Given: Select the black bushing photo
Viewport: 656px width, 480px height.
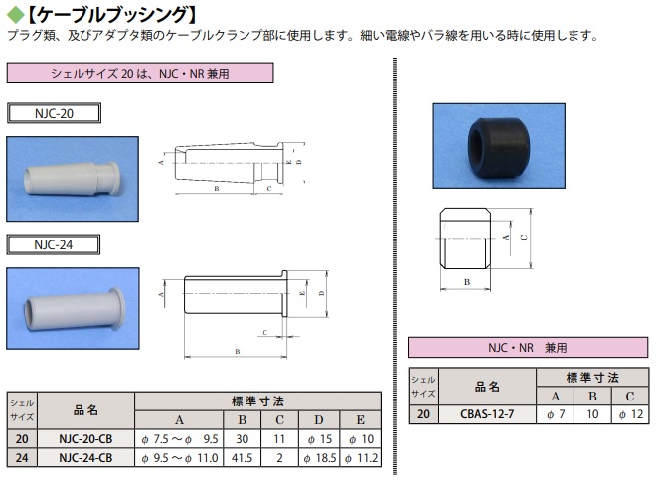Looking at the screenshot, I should coord(485,143).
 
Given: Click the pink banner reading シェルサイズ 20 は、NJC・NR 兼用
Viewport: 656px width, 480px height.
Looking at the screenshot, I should coord(139,73).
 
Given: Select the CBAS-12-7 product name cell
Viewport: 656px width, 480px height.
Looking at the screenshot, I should coord(487,415).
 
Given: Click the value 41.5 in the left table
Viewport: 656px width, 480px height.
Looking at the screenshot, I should coord(242,457).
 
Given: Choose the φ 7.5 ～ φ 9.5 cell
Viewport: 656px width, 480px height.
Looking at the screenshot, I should coord(179,438).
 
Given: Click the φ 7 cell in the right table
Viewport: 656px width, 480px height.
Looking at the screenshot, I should coord(557,415).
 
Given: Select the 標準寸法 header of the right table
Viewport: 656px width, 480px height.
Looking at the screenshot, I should coord(592,378).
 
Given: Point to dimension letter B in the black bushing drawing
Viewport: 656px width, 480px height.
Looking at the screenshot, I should coord(467,283).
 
